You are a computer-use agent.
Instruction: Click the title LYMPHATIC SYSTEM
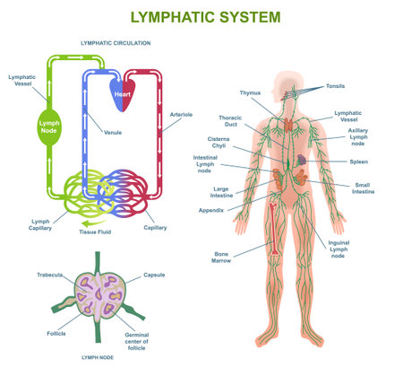pyautogui.click(x=205, y=17)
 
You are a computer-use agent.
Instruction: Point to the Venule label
pyautogui.click(x=113, y=132)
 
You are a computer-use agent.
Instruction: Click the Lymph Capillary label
pyautogui.click(x=39, y=223)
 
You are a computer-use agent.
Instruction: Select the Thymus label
pyautogui.click(x=250, y=92)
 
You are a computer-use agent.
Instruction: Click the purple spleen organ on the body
pyautogui.click(x=304, y=158)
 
